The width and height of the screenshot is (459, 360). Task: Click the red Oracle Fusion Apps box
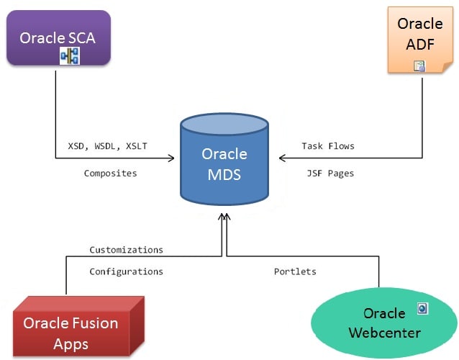pos(71,328)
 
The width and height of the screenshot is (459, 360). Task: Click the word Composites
pos(110,174)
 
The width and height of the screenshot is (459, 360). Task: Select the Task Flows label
pos(328,145)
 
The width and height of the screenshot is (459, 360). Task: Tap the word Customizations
pos(126,250)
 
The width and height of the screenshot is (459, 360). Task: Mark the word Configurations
pos(126,271)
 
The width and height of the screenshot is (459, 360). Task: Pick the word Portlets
pos(295,271)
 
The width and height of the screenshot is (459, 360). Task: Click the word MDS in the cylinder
pos(224,174)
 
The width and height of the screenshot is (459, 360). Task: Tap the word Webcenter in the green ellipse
pos(384,333)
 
